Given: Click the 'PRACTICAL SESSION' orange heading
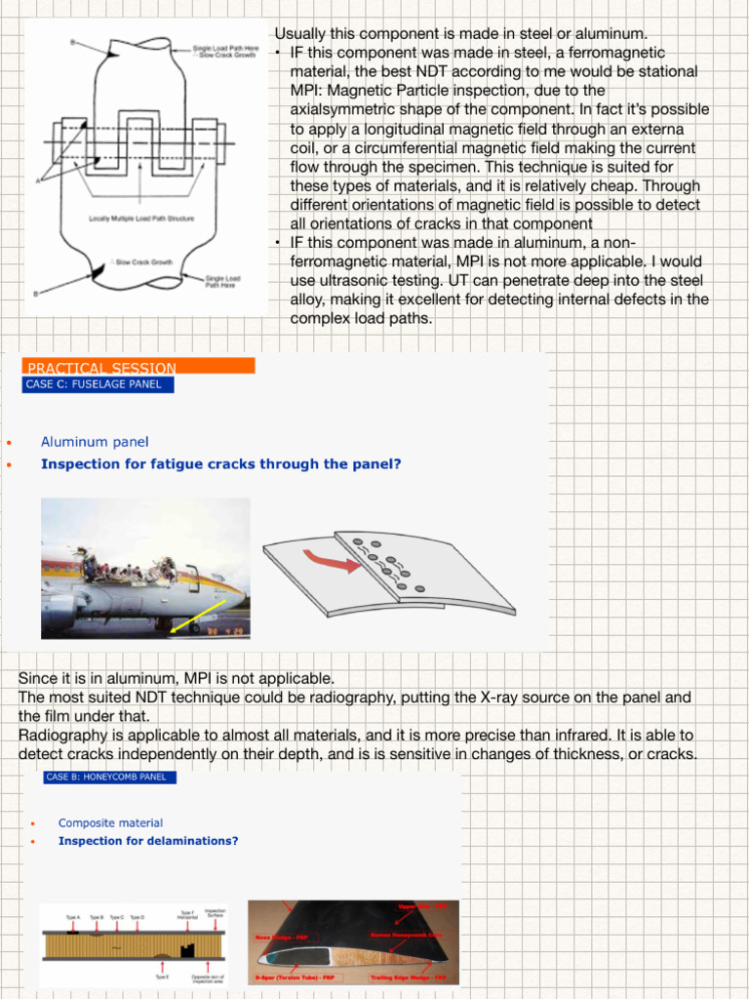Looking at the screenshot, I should point(101,368).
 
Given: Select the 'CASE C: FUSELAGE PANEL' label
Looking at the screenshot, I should point(94,384).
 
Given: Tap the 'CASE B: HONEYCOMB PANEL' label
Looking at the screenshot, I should point(110,778).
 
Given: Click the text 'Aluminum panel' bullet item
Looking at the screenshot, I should point(95,442).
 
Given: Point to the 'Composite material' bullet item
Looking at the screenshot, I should point(110,822).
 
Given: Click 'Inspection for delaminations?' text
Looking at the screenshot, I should point(147,840).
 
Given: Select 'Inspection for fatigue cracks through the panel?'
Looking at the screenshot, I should point(220,463).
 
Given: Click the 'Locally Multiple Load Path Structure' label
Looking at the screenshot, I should point(141,218).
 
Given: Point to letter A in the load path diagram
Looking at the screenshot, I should point(38,181).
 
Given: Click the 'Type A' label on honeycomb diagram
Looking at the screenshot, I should point(73,917).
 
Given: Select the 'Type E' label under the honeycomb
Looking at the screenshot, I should point(162,976).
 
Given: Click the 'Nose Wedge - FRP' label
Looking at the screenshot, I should point(276,938).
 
